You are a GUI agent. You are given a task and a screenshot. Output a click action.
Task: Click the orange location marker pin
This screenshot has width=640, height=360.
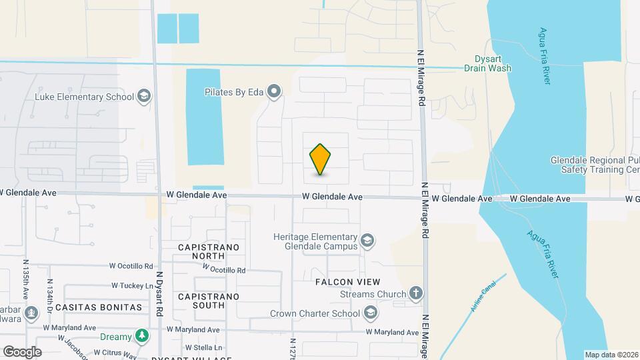click(321, 159)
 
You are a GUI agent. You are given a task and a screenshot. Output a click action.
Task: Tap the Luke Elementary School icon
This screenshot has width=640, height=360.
click(143, 97)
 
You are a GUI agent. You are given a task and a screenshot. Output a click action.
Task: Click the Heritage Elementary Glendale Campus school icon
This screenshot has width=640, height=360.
click(367, 240)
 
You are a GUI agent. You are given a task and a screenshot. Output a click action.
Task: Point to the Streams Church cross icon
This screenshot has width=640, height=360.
click(415, 293)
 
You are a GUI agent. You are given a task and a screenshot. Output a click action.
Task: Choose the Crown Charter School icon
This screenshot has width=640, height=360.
click(370, 313)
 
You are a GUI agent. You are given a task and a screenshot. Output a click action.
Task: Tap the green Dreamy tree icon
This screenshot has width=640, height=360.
click(141, 335)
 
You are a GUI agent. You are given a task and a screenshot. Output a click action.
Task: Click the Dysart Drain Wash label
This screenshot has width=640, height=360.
click(488, 63)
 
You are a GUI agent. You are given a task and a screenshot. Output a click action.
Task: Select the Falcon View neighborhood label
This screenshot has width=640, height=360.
click(347, 282)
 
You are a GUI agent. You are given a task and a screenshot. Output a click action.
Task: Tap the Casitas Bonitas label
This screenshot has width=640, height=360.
click(99, 307)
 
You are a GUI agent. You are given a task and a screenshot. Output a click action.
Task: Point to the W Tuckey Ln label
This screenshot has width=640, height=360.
click(133, 285)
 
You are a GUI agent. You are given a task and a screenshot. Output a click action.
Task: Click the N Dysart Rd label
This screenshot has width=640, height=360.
click(159, 293)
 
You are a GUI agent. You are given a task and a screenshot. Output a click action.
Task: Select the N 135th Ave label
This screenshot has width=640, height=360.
click(26, 279)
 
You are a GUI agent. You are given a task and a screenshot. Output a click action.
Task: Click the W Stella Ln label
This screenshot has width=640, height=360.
click(203, 347)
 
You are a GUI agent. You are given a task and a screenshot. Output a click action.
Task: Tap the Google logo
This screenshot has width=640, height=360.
click(22, 351)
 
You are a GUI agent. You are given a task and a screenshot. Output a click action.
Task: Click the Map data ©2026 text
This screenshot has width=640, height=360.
click(611, 354)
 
